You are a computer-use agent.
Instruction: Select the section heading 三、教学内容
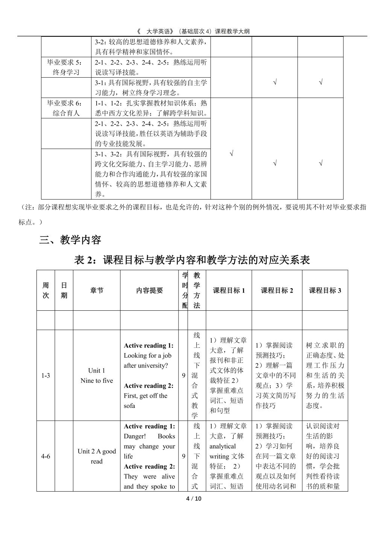click(70, 240)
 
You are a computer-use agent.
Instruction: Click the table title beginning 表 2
click(192, 260)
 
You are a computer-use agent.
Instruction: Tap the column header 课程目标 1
click(229, 290)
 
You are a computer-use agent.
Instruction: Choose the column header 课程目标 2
click(277, 290)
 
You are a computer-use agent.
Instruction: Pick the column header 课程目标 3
click(325, 290)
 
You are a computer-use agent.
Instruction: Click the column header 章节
click(97, 290)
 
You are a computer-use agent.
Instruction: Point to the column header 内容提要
click(149, 290)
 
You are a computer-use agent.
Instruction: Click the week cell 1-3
click(45, 376)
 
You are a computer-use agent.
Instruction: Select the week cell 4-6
click(45, 456)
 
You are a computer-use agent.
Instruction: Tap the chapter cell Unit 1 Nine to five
click(97, 376)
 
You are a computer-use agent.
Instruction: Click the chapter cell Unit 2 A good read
click(97, 456)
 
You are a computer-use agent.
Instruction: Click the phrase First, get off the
click(146, 396)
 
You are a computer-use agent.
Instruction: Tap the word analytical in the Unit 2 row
click(223, 446)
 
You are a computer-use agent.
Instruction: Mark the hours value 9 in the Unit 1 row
click(183, 376)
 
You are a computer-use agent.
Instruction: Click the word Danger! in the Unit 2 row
click(135, 436)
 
